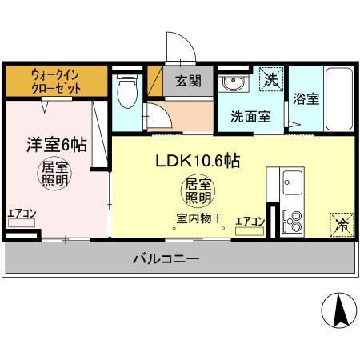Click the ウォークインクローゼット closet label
(55, 81)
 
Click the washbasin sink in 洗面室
(234, 82)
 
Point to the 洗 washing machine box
(272, 79)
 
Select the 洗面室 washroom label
(250, 115)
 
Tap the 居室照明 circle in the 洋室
(55, 176)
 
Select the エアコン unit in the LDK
(250, 232)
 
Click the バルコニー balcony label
(166, 258)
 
